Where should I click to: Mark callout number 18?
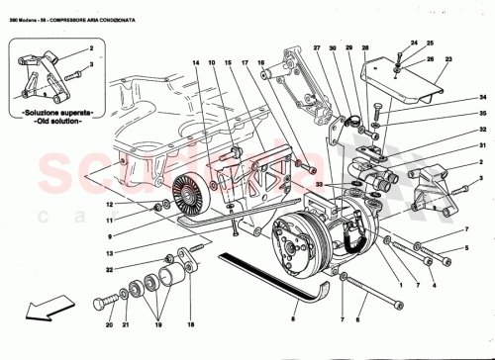(190, 321)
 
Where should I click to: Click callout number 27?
(317, 48)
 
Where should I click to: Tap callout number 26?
(430, 58)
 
